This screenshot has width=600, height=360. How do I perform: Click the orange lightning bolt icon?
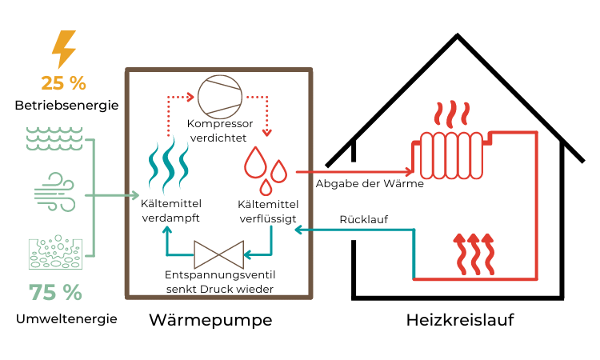pyautogui.click(x=63, y=50)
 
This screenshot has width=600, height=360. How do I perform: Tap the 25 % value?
pyautogui.click(x=63, y=82)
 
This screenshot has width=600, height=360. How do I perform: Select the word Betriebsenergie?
pyautogui.click(x=66, y=106)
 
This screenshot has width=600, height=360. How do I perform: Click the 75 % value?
pyautogui.click(x=55, y=293)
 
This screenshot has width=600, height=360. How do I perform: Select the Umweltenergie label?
pyautogui.click(x=66, y=318)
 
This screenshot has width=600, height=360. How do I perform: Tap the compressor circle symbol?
pyautogui.click(x=218, y=97)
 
